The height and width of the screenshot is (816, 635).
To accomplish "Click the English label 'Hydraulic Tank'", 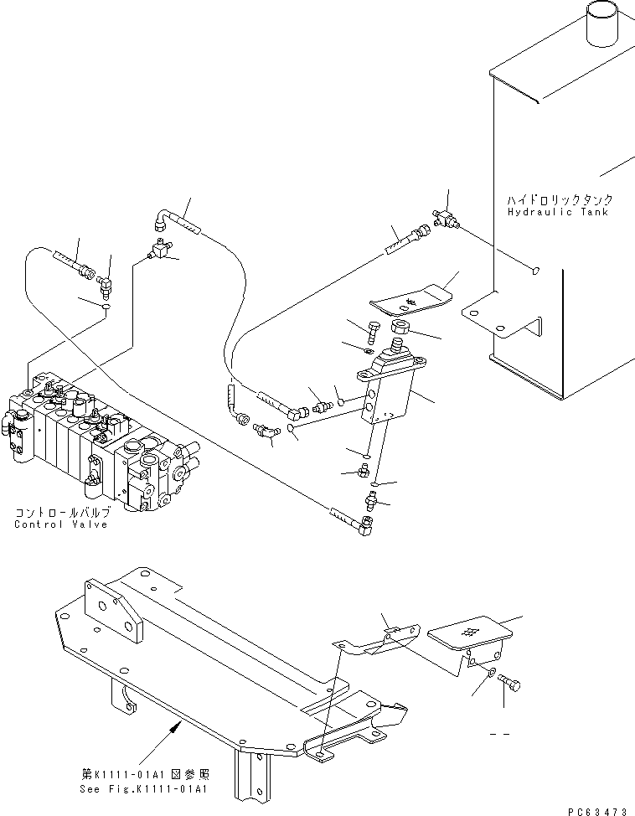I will pyautogui.click(x=560, y=213).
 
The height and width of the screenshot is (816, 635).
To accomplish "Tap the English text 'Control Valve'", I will pyautogui.click(x=60, y=524).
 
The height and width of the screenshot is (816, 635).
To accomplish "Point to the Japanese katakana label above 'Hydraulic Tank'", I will pyautogui.click(x=560, y=200).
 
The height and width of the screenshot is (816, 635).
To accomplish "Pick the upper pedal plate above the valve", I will pyautogui.click(x=410, y=298).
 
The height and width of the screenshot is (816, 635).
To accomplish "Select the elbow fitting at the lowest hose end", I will pyautogui.click(x=365, y=525).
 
